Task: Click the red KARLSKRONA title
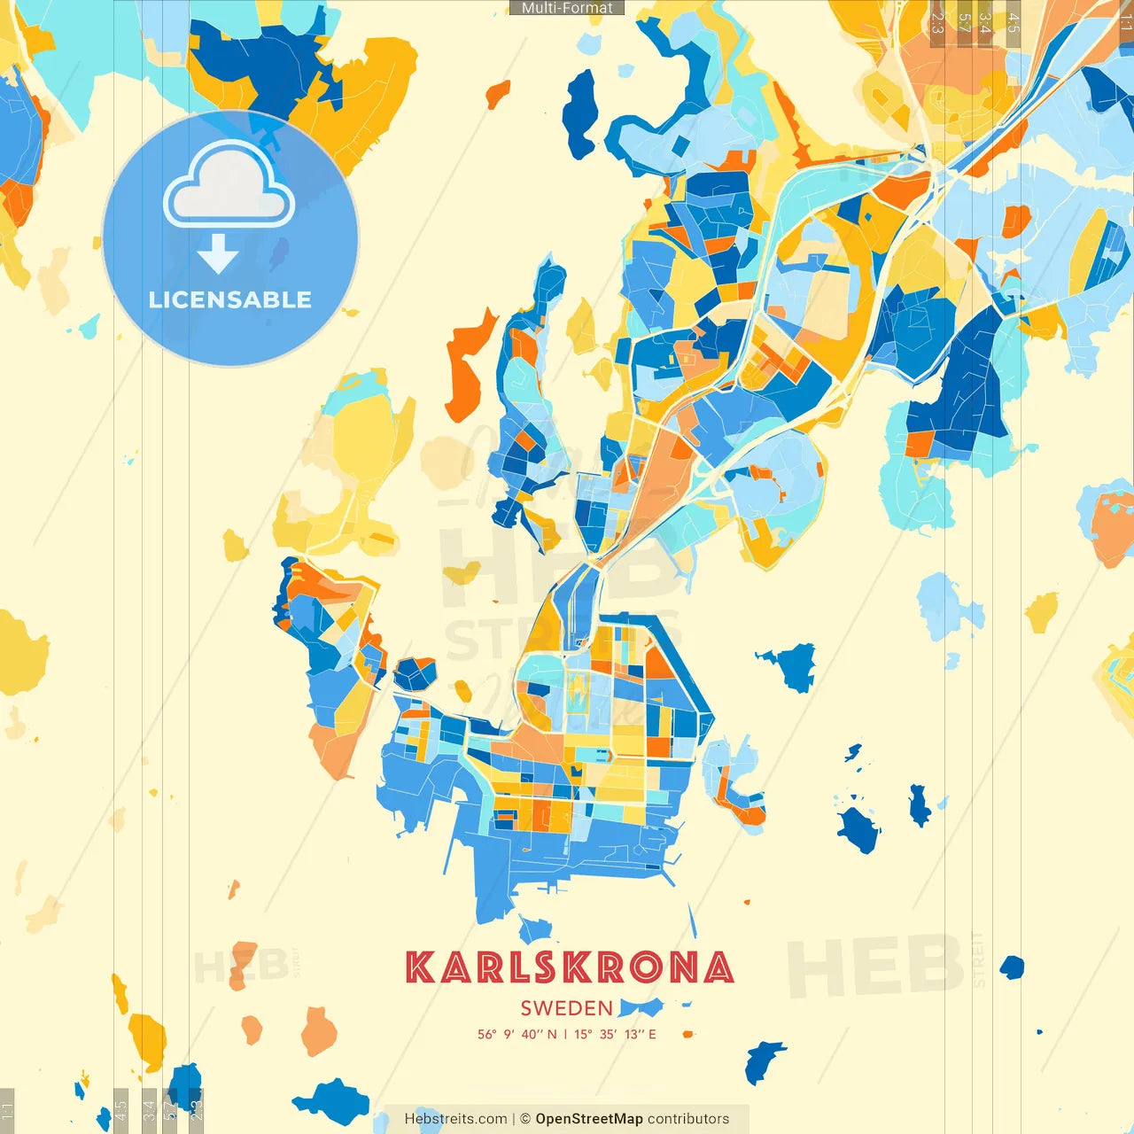pos(569,967)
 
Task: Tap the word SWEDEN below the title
pos(566,1008)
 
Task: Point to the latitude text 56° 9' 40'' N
pos(517,1034)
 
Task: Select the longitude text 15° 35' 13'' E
pos(615,1034)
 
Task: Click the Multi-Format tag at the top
pos(567,8)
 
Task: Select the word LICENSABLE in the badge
pos(230,299)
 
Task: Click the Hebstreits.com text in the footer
pos(455,1119)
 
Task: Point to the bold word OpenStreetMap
pos(588,1119)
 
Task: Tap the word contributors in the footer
pos(688,1119)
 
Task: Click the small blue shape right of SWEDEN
pos(641,1007)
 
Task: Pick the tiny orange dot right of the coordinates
pos(687,1034)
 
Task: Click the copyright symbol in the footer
pos(524,1119)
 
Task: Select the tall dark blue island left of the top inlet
pos(581,111)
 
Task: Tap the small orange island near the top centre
pos(498,93)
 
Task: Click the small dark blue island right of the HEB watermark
pos(1011,967)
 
